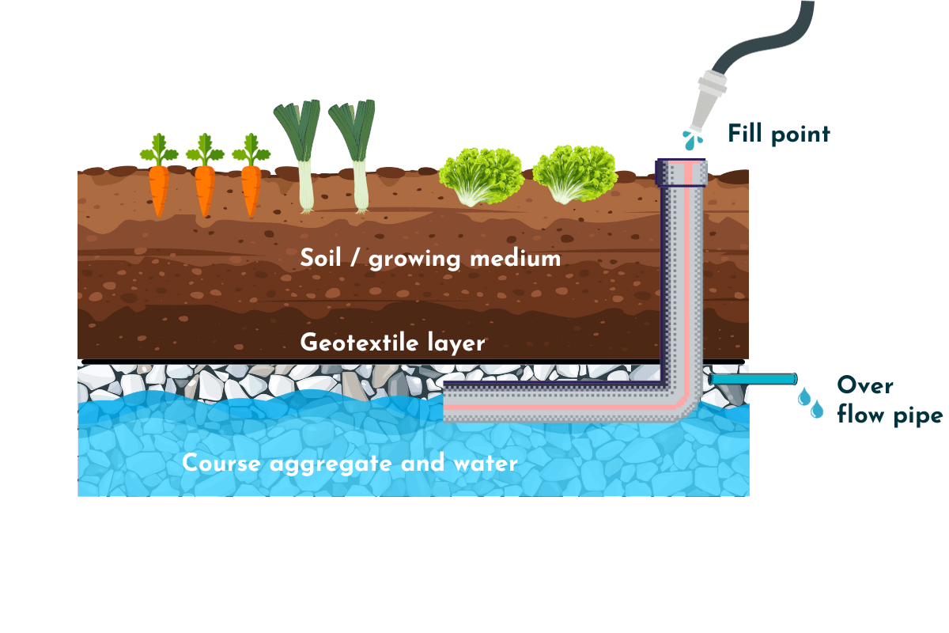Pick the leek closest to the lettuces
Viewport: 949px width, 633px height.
[x=356, y=158]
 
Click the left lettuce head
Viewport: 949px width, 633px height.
[x=481, y=176]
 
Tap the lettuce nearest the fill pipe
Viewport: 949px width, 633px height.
[x=574, y=174]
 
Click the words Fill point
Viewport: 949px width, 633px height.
[x=779, y=134]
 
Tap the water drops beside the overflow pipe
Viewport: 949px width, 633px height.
[x=811, y=402]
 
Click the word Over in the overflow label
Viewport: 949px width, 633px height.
[x=864, y=386]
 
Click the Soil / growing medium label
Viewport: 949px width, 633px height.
[x=430, y=259]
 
